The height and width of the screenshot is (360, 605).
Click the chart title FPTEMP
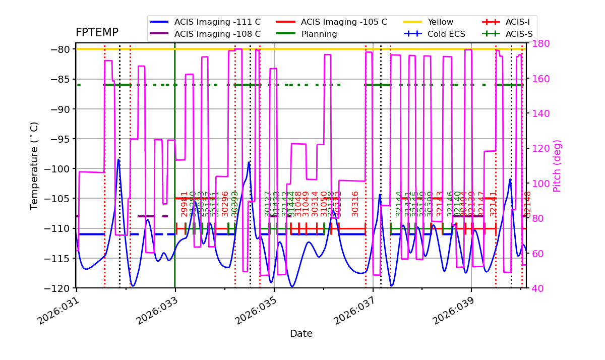click(x=97, y=33)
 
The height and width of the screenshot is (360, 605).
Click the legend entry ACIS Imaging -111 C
click(x=217, y=22)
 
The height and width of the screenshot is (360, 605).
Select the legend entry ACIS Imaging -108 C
click(x=217, y=34)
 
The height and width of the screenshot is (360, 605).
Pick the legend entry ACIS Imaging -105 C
click(x=344, y=22)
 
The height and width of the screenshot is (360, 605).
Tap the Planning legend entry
click(x=319, y=34)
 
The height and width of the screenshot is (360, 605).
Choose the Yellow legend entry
click(x=440, y=22)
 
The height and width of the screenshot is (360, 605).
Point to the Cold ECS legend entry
click(x=446, y=34)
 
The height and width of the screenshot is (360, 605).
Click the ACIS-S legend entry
click(x=519, y=34)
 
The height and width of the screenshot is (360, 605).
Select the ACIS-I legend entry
click(x=517, y=22)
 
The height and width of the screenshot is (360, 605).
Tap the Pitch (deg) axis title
click(x=557, y=166)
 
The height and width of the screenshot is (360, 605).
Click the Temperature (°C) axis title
click(x=34, y=166)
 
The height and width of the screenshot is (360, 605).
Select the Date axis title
click(x=301, y=334)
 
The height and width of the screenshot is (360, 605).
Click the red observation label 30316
click(x=355, y=204)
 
